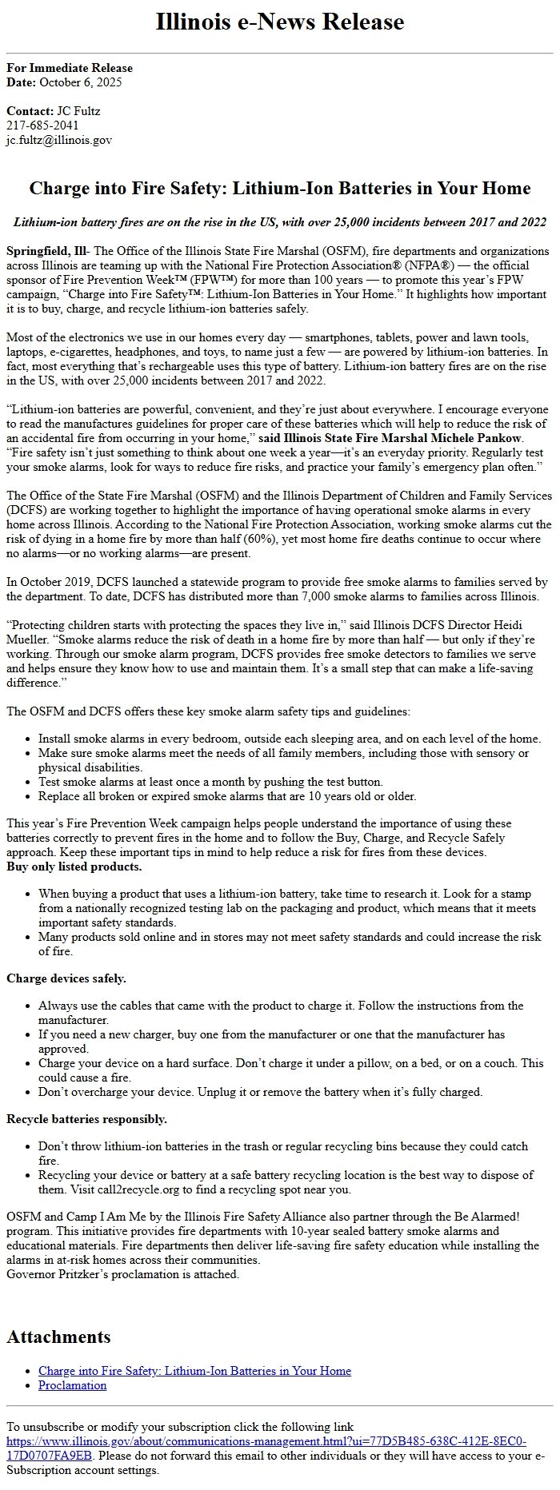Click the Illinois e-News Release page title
280,22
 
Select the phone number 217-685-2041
42,125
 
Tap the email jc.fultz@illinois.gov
59,140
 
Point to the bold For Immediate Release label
70,68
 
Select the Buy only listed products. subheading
74,867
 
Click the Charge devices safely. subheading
66,978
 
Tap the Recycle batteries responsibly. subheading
87,1119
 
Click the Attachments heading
58,1337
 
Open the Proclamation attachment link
72,1385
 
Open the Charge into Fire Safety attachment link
194,1371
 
